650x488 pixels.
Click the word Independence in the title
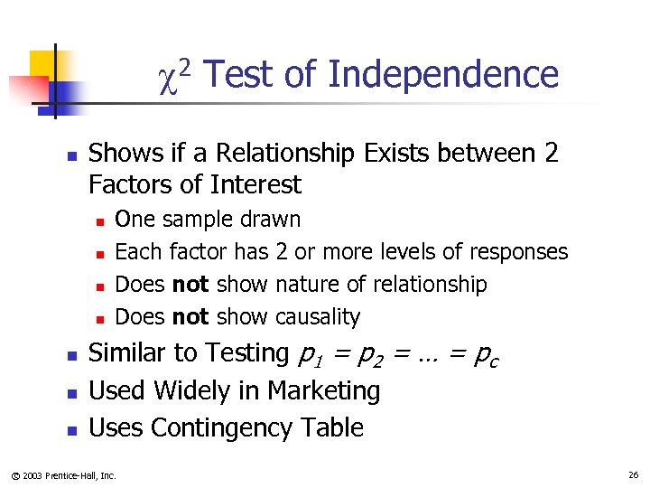tap(443, 75)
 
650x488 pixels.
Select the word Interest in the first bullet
tap(256, 185)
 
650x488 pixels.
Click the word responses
tap(522, 252)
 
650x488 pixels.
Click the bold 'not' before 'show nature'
tap(190, 285)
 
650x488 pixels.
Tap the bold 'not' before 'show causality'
tap(190, 317)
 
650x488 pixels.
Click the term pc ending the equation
tap(486, 354)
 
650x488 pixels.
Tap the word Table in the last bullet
tap(334, 427)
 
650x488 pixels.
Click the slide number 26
tap(631, 474)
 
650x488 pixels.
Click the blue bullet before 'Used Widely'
tap(72, 392)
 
